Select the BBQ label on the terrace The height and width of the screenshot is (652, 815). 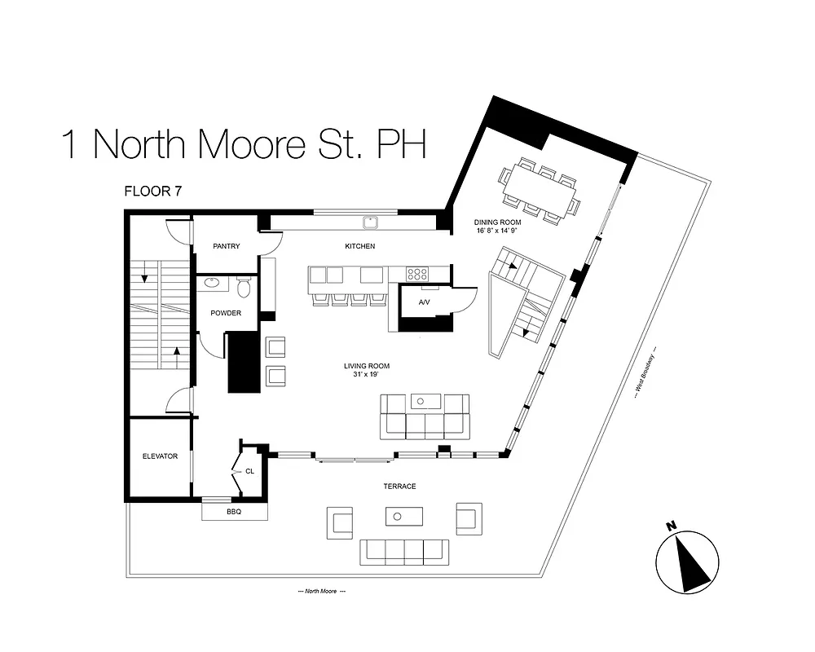235,512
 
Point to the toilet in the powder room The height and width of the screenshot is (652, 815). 243,288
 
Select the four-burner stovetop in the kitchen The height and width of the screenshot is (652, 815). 418,275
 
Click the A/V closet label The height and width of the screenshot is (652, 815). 424,302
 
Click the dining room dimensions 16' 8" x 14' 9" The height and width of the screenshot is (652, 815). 497,231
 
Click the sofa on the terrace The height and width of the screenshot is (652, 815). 404,552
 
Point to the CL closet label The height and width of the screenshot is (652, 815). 250,471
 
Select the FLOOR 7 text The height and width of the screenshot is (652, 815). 152,192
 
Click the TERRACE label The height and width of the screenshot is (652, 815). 400,487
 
